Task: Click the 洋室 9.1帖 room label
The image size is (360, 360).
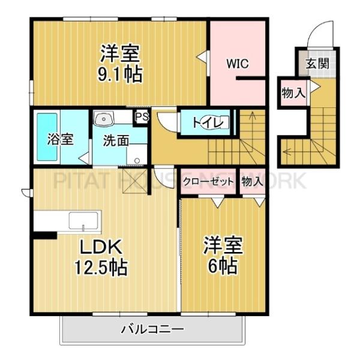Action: tap(121, 63)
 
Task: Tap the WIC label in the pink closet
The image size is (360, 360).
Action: tap(237, 63)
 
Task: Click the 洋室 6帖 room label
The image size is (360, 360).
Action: tap(222, 254)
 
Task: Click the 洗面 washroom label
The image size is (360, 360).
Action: tap(116, 142)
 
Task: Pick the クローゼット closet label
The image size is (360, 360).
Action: tap(208, 181)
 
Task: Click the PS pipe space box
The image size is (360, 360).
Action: tap(142, 116)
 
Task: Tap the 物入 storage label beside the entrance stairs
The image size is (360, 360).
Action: tap(293, 93)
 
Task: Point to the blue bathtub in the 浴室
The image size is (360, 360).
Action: tap(47, 137)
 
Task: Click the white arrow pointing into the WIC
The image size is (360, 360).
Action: tap(202, 58)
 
